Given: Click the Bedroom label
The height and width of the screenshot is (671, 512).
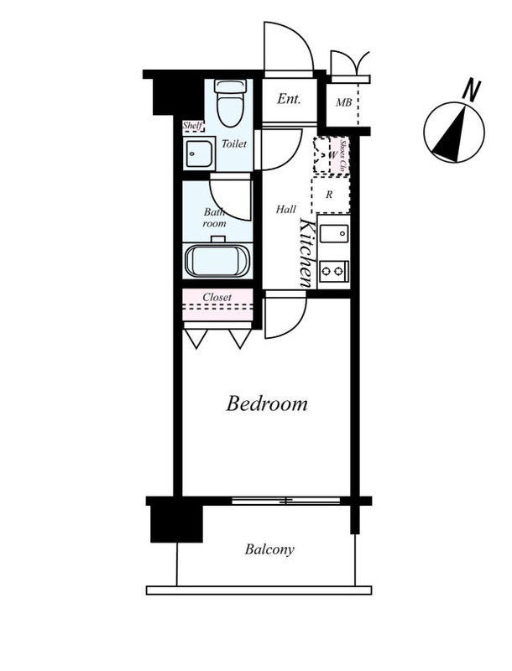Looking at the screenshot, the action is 267,403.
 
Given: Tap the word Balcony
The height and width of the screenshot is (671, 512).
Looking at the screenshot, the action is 269,549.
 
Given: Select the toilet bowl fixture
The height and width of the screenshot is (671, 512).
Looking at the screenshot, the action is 230,103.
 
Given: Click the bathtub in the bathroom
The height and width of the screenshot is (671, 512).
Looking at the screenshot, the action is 218,261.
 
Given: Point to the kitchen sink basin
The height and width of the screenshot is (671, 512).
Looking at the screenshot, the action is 334,234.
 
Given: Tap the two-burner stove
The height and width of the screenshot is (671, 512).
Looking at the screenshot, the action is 333,271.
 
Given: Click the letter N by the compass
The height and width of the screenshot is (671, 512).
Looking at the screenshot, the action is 473,91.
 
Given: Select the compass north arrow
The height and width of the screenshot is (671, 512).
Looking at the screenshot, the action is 451,135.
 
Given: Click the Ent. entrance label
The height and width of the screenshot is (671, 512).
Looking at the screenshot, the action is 289,99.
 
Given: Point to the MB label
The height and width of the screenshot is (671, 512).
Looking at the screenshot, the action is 344,102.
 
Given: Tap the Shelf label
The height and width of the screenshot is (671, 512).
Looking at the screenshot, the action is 192,125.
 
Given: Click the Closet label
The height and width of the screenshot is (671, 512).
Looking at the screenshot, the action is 217,297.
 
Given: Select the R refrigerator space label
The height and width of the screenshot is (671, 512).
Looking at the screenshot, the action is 329,195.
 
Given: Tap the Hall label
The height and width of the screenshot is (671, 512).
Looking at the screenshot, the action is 286,209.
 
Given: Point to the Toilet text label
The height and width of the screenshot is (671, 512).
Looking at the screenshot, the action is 233,143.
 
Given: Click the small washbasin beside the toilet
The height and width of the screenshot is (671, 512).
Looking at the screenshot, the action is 199,153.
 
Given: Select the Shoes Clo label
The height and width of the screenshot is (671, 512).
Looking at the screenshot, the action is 342,155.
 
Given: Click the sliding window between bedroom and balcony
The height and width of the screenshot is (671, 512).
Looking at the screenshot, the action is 286,501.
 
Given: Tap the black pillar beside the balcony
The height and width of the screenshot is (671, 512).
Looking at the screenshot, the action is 176,523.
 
